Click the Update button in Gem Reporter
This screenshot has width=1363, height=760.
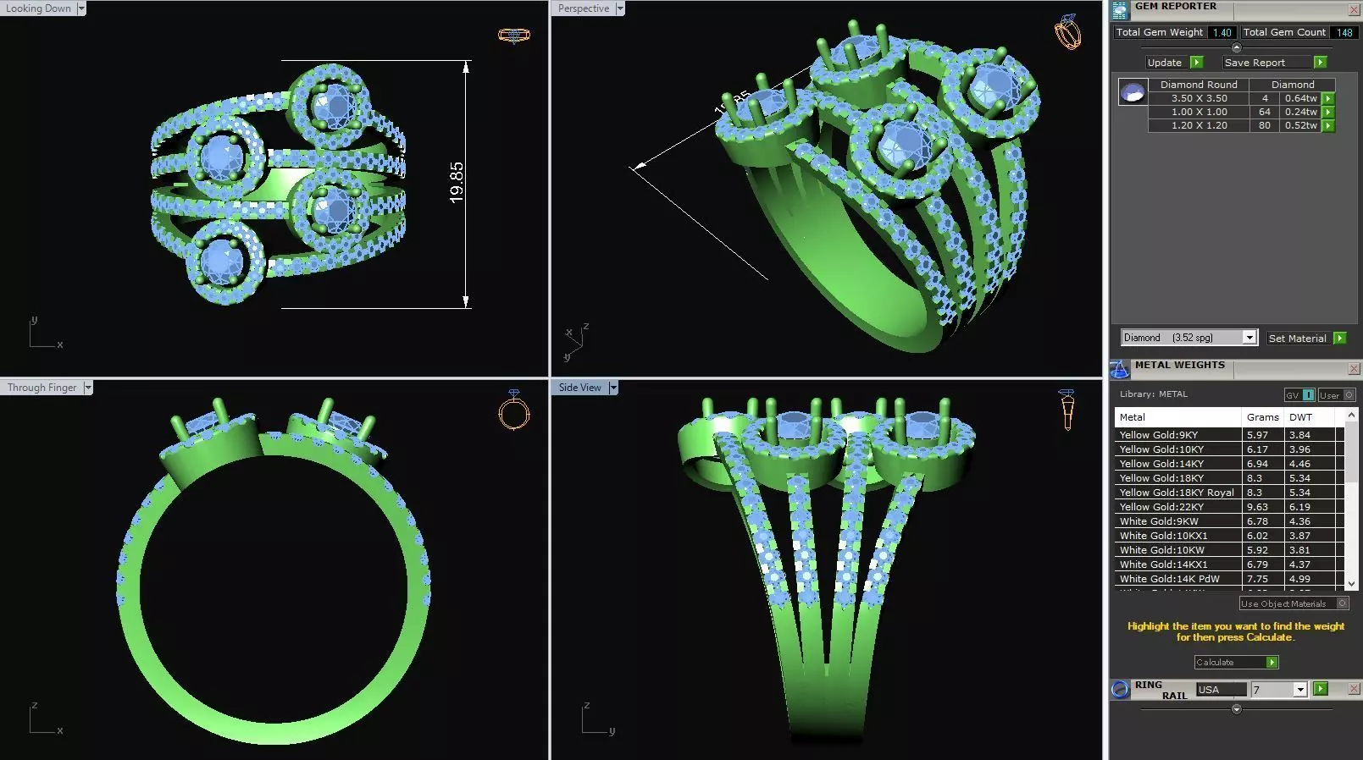point(1164,63)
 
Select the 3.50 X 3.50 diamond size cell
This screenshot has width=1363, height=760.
point(1199,98)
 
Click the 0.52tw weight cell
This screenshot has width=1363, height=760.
point(1300,125)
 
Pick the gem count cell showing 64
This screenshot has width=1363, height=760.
point(1264,112)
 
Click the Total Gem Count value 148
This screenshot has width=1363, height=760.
point(1344,32)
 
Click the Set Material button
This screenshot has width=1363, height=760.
point(1297,338)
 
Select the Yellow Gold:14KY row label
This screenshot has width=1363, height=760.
point(1161,464)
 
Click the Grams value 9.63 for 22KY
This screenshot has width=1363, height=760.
point(1257,507)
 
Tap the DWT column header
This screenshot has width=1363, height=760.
point(1300,417)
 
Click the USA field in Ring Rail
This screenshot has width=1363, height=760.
point(1220,690)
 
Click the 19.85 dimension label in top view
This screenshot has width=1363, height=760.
point(457,182)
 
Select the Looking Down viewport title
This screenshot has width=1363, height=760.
point(39,8)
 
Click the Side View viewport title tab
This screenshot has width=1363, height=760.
point(579,388)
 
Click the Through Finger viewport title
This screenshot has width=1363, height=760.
point(42,388)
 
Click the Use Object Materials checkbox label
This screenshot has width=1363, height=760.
point(1283,603)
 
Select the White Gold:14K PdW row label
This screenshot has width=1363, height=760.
point(1169,579)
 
